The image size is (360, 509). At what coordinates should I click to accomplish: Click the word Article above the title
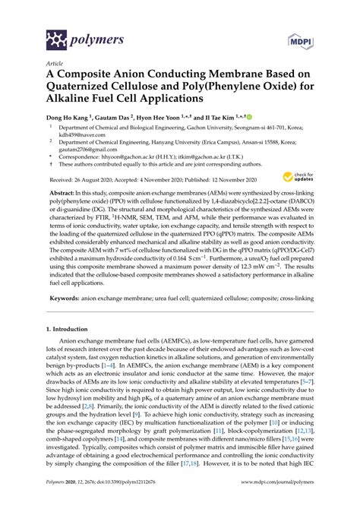click(x=55, y=63)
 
